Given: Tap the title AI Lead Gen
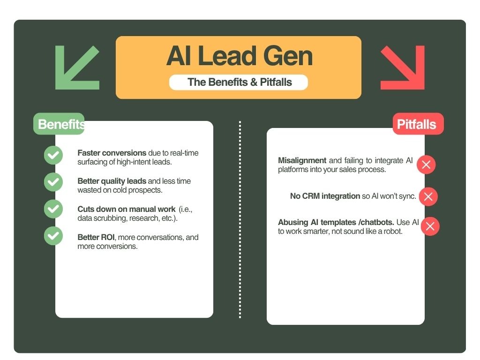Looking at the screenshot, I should click(x=239, y=57).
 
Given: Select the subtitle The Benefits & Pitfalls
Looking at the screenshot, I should click(x=239, y=82).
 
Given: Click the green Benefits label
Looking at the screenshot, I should click(x=59, y=124).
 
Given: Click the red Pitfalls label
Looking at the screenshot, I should click(x=417, y=124).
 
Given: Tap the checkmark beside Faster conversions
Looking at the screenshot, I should click(x=53, y=155).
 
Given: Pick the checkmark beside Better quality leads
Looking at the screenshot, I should click(x=53, y=182).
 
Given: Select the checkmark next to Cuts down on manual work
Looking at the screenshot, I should click(x=53, y=209).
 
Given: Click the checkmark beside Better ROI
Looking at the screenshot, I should click(x=53, y=236).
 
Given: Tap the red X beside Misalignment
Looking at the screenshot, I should click(x=426, y=165).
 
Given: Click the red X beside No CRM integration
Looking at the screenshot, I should click(x=428, y=196).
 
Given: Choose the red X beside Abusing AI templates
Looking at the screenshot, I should click(x=430, y=227).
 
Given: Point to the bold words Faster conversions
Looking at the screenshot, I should click(x=112, y=153).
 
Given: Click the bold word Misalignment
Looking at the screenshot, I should click(x=302, y=160).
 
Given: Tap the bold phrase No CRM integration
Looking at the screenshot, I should click(x=325, y=196).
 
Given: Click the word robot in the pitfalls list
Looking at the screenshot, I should click(x=391, y=231).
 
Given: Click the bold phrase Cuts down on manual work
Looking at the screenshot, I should click(x=126, y=209).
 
